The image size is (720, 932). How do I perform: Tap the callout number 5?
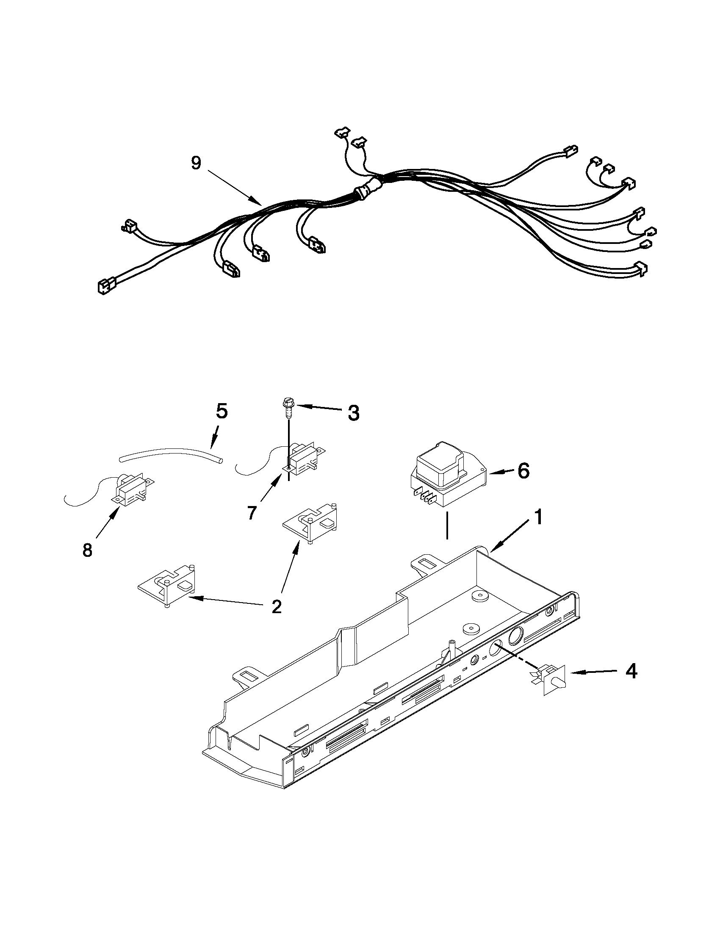[221, 412]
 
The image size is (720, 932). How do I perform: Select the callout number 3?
[352, 413]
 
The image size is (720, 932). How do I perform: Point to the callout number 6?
[523, 471]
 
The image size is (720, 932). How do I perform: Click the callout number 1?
[539, 517]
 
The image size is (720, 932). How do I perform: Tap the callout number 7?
[252, 512]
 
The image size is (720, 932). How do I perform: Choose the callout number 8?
[87, 550]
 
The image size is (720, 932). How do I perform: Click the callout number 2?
[276, 606]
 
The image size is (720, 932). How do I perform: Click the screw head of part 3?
[287, 402]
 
